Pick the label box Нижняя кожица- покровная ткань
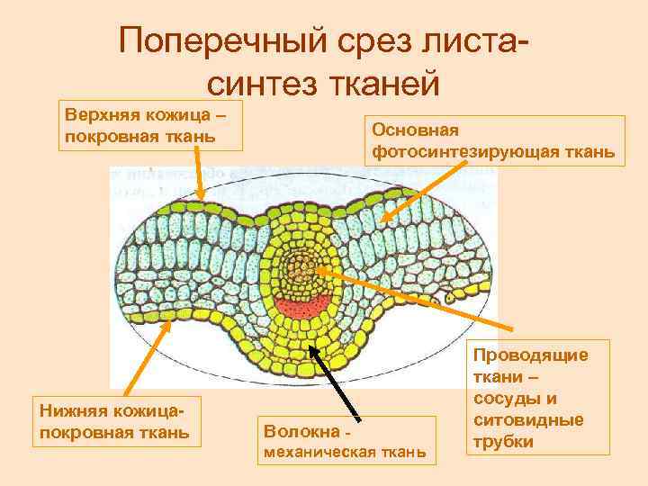[112, 421]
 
